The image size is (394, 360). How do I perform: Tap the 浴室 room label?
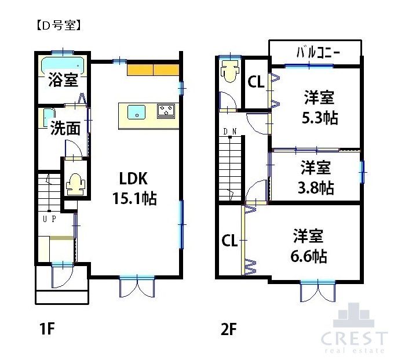(63, 79)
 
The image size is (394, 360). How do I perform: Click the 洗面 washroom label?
(64, 128)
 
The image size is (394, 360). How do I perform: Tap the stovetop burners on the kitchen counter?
(167, 110)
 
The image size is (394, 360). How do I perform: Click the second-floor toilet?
(229, 72)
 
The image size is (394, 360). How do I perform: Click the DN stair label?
(229, 131)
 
